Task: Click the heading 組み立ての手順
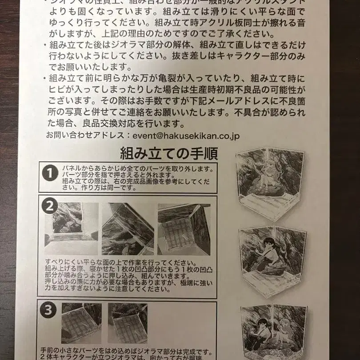(168, 154)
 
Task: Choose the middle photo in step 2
(128, 229)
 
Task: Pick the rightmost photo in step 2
(184, 229)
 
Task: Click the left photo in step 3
(81, 323)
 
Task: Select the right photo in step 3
(128, 323)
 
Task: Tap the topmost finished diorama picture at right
(270, 183)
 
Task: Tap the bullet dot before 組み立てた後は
(45, 44)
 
